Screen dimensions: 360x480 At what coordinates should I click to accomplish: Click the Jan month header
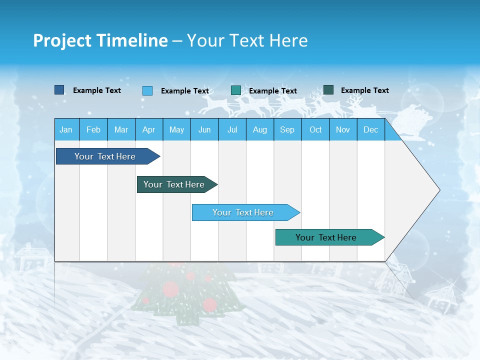66,129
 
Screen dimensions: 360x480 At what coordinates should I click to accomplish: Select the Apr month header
148,129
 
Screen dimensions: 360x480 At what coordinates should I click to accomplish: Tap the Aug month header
259,129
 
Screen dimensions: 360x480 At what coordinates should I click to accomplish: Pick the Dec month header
370,129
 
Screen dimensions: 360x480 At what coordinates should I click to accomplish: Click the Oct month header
315,129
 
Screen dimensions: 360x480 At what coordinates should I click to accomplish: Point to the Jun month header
204,129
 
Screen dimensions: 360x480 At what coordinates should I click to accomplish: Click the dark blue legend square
59,90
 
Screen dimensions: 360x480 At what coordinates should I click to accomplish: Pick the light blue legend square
147,90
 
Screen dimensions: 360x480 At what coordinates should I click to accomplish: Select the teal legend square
236,90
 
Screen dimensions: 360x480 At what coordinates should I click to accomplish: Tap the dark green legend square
328,90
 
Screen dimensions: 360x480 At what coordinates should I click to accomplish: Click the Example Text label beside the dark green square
364,90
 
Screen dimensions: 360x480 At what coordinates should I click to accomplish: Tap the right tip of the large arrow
438,190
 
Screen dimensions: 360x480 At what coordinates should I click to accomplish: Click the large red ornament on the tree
170,288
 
